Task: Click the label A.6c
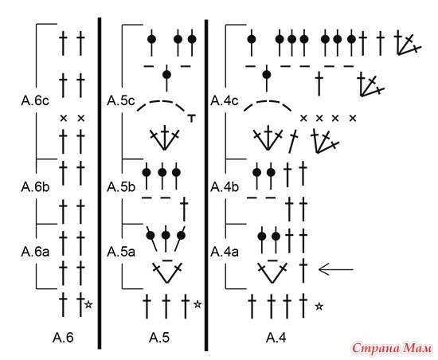point(35,101)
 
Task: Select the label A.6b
point(35,187)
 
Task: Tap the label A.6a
point(35,252)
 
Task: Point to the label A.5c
point(121,101)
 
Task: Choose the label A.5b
point(121,187)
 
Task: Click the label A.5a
point(121,252)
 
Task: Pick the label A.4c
point(225,101)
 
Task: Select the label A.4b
point(225,187)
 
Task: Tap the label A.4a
point(225,252)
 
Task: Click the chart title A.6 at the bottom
point(63,338)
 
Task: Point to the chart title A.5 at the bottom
point(159,338)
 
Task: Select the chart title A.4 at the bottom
point(276,338)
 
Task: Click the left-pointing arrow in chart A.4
point(336,270)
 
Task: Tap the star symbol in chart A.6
point(88,304)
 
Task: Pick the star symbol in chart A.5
point(197,304)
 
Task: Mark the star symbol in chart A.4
point(319,307)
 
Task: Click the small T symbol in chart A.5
point(192,118)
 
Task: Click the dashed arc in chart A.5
point(161,102)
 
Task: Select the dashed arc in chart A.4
point(268,102)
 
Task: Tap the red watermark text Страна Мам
point(392,349)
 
